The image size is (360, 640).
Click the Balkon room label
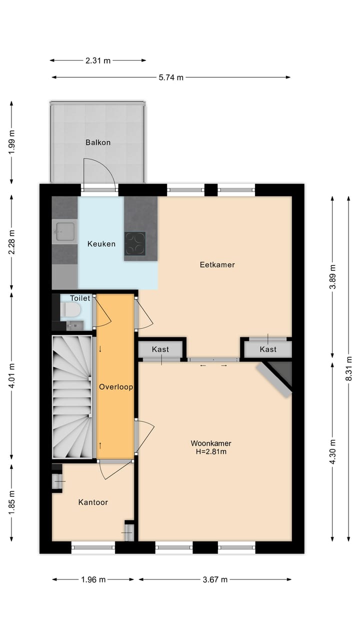[x=97, y=142]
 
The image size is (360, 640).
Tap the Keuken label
[x=101, y=244]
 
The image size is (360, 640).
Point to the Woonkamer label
[x=210, y=443]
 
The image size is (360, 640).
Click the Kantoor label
[x=93, y=502]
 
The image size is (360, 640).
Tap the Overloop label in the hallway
[x=115, y=386]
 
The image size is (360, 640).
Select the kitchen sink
[x=65, y=230]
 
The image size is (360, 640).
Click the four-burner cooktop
[x=135, y=243]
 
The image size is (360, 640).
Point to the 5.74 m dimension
[x=171, y=77]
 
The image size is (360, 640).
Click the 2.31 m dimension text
[x=98, y=60]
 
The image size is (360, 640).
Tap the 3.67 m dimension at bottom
[x=215, y=579]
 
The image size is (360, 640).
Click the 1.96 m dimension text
[x=93, y=579]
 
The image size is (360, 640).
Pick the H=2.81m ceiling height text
[x=210, y=451]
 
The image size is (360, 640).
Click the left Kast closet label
[x=160, y=349]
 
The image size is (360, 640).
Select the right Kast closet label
[x=268, y=349]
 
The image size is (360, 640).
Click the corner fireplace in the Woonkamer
[x=278, y=376]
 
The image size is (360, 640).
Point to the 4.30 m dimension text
[x=332, y=451]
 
